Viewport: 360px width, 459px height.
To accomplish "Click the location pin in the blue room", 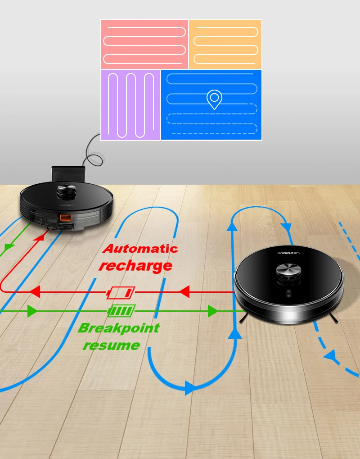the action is point(214,99).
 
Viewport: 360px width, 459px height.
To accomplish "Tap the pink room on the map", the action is point(144,44).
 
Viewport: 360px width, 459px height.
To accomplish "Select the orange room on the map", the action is point(225,44).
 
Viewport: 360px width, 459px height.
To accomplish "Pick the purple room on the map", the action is point(130,105).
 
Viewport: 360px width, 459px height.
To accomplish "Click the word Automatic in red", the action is point(140,249).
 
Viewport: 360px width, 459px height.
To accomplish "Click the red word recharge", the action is point(135,265).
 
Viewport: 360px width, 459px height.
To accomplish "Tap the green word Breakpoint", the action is point(118,328).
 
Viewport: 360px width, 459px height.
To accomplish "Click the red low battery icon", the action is point(121,293).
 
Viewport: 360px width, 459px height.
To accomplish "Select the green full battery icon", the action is point(121,311).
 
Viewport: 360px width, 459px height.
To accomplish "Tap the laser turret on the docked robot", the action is point(66,191).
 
